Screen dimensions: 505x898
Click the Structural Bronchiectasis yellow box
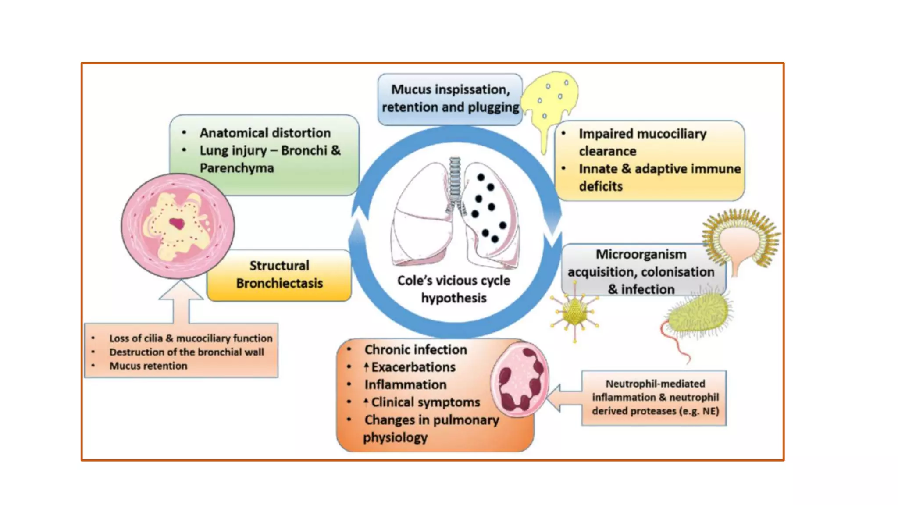click(x=279, y=275)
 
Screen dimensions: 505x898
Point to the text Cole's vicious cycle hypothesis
click(x=454, y=289)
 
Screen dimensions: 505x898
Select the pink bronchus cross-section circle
click(x=178, y=226)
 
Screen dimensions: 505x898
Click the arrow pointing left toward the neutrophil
click(x=563, y=398)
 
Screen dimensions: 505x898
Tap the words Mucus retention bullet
click(x=148, y=366)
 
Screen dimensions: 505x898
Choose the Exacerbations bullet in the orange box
click(x=413, y=367)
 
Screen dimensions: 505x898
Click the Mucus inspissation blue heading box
click(x=450, y=99)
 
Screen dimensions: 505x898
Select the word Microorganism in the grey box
click(x=641, y=254)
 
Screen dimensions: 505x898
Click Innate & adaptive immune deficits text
click(x=659, y=177)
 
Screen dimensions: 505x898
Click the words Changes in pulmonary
click(x=431, y=420)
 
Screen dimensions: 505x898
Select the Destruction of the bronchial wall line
click(x=186, y=352)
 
